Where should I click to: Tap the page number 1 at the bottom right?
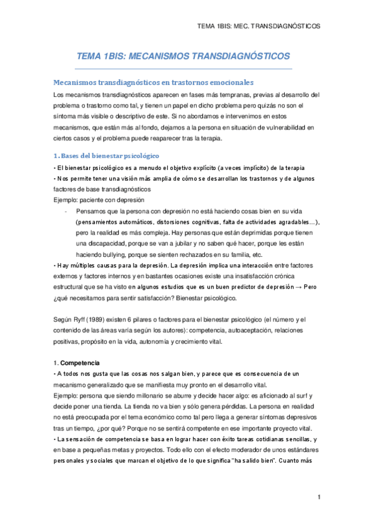tap(318, 497)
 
